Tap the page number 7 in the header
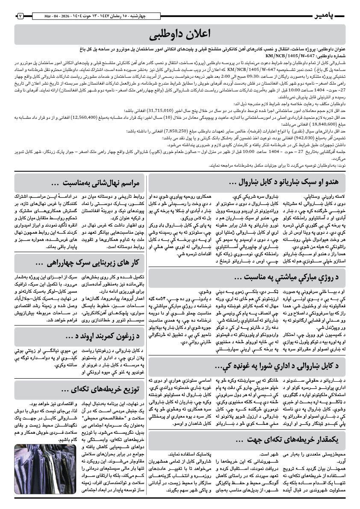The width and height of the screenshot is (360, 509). [x=20, y=16]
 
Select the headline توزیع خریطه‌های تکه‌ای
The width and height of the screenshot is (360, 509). [x=100, y=389]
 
